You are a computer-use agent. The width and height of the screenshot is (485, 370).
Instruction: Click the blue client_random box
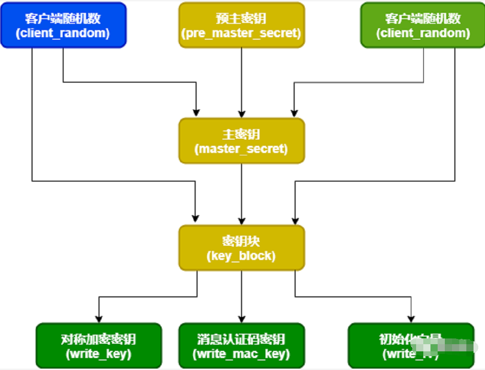pos(63,25)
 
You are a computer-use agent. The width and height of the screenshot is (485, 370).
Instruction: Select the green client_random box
pos(423,25)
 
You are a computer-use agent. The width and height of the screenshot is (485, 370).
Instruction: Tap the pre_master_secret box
pos(242,25)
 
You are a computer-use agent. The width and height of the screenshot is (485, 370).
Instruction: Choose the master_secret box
pos(242,141)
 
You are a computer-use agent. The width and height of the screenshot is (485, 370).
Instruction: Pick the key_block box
pos(242,248)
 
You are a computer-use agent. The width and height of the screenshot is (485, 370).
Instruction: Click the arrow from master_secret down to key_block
pos(242,194)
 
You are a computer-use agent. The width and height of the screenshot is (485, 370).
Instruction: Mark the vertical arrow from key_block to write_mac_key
pos(242,296)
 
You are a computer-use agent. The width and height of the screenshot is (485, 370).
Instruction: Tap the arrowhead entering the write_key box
pos(99,319)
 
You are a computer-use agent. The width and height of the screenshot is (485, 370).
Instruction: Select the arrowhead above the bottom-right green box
pos(411,319)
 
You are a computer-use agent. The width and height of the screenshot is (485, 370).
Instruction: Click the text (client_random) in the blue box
pos(63,33)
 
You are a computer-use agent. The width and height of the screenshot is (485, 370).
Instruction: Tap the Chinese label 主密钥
pos(242,134)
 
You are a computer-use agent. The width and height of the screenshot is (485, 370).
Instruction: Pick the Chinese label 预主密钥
pos(242,18)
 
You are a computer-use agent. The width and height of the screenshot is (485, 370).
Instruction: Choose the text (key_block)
pos(242,256)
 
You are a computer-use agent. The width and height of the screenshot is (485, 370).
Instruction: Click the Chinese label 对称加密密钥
pos(99,339)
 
